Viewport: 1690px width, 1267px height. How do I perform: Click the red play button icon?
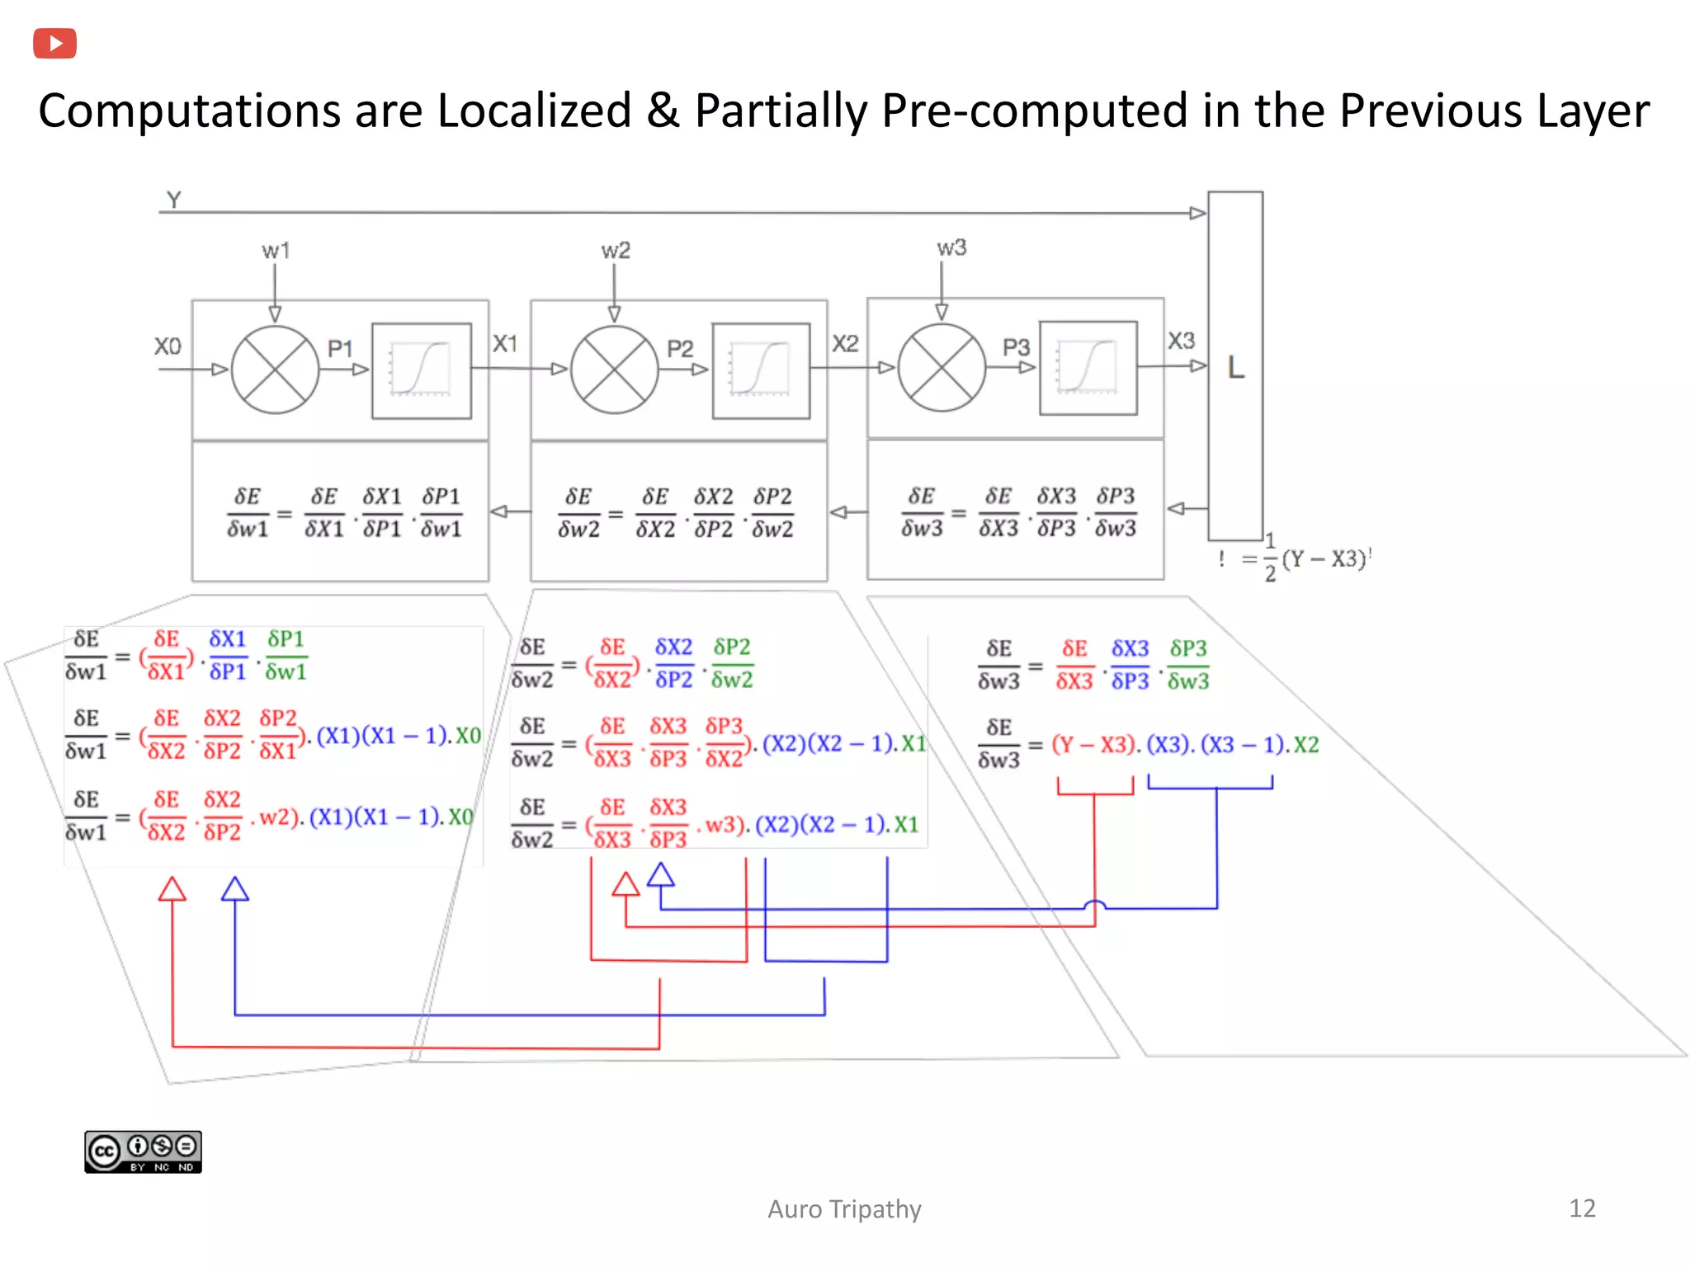(54, 43)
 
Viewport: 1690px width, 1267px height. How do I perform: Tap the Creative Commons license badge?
(143, 1152)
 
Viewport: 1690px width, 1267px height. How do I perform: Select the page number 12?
(1581, 1208)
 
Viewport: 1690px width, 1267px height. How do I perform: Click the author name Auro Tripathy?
(843, 1209)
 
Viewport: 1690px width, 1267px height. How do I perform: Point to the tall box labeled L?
(1234, 366)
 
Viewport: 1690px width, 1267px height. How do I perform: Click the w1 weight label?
(276, 250)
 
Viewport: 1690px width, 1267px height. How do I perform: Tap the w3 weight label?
(951, 247)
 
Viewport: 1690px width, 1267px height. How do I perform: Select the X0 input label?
(168, 346)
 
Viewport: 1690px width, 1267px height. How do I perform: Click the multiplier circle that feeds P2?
(614, 370)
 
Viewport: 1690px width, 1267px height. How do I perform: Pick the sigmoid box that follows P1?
(421, 370)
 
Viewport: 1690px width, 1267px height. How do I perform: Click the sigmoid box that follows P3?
(1088, 368)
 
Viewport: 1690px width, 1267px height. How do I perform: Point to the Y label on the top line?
(173, 200)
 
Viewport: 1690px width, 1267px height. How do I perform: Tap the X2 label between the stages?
(845, 343)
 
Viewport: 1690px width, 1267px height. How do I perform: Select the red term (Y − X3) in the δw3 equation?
(1094, 745)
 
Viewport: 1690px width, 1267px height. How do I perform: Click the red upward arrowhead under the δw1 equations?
(172, 889)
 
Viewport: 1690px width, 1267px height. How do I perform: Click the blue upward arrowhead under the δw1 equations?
(235, 888)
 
